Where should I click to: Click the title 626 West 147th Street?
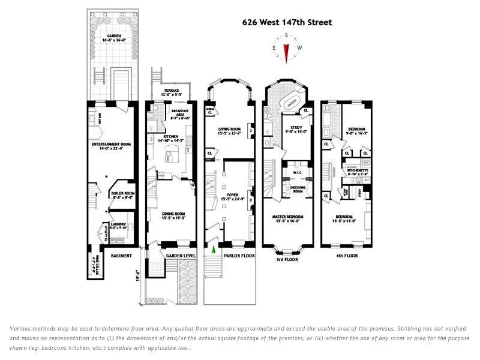(287, 23)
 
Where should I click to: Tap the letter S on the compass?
(287, 35)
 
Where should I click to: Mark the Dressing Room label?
(296, 189)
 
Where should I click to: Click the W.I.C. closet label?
(296, 173)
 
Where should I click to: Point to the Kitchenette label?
(357, 172)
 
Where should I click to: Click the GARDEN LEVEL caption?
(178, 255)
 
